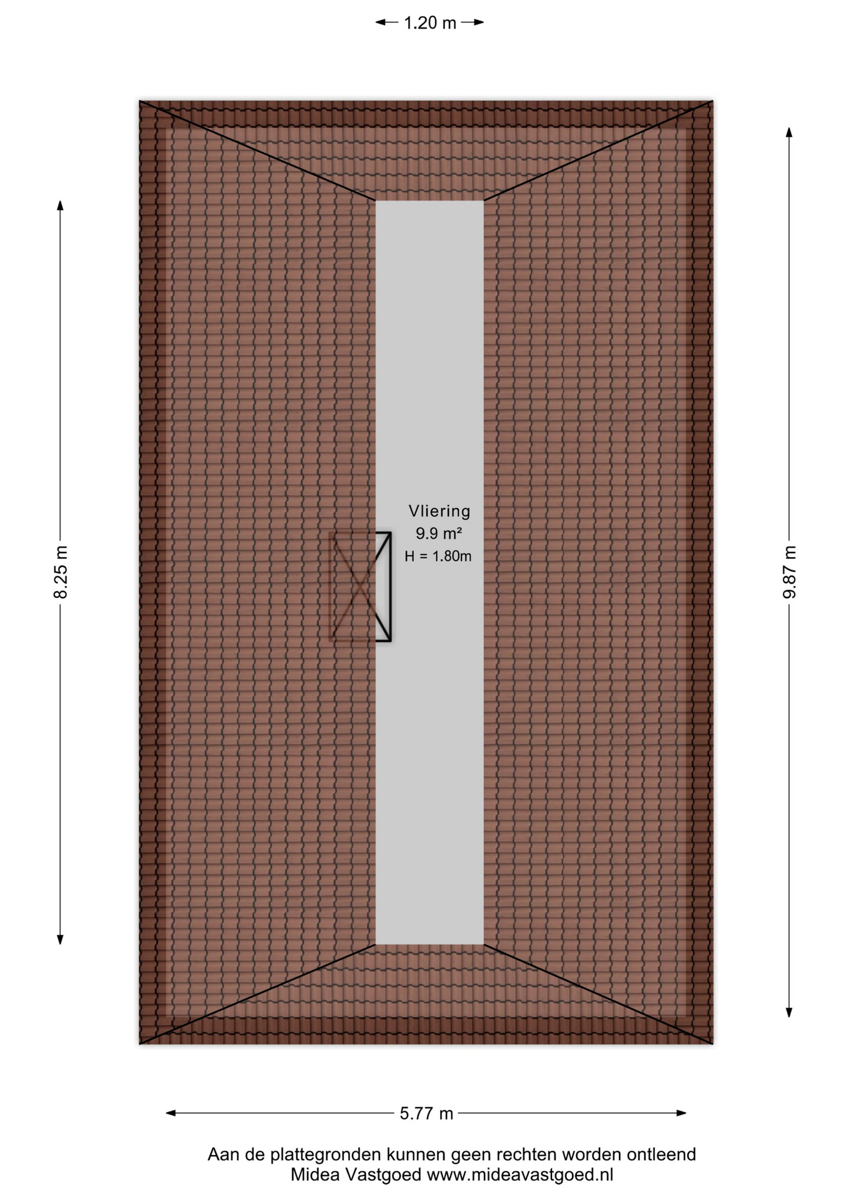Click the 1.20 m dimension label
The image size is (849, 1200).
430,23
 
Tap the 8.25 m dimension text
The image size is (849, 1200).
61,572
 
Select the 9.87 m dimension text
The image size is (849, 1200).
790,572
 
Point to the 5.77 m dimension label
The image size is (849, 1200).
426,1113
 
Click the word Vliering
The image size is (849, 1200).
440,511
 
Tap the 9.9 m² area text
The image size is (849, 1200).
439,533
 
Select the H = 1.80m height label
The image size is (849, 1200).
438,556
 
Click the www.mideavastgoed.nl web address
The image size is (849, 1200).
520,1175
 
